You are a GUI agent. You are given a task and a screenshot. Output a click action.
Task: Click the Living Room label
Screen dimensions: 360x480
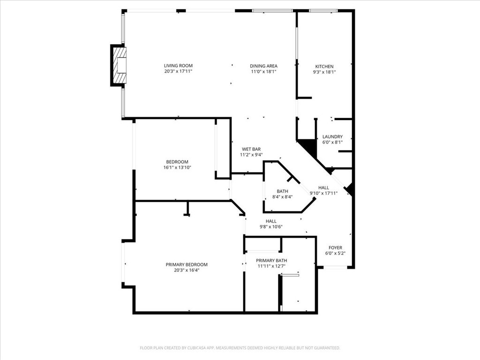click(x=178, y=66)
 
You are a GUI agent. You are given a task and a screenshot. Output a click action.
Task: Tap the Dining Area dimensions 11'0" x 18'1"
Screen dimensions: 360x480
click(x=263, y=72)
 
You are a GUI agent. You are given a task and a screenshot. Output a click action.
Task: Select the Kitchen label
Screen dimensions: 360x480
click(x=324, y=67)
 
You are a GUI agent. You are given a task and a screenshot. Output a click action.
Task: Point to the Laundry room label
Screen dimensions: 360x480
click(x=332, y=136)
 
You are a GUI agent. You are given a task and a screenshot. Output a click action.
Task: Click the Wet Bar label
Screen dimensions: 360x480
click(x=251, y=149)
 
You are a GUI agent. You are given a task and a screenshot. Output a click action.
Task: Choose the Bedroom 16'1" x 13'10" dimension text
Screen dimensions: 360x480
click(x=177, y=167)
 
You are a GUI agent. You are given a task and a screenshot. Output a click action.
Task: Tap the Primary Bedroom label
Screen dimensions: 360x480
click(x=186, y=264)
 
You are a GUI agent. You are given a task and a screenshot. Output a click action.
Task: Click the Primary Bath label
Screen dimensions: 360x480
click(x=271, y=261)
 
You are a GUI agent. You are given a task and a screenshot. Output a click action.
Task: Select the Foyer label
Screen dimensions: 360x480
click(x=335, y=247)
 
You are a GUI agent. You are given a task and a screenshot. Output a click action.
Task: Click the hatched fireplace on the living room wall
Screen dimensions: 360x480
click(x=120, y=65)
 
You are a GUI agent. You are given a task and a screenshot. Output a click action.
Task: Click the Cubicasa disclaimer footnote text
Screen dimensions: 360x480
click(x=240, y=348)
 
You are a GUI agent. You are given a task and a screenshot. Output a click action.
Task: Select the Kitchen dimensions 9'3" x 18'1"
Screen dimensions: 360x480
click(x=324, y=72)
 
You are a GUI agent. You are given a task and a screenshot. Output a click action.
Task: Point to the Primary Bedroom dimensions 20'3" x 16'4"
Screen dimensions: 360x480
click(x=186, y=270)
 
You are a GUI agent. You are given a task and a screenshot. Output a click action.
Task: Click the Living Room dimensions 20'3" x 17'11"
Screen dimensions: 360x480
click(x=178, y=71)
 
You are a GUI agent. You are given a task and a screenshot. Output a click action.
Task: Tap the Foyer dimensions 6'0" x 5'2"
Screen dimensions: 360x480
click(x=335, y=253)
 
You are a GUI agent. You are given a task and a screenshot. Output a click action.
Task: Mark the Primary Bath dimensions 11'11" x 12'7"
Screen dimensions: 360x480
click(x=271, y=266)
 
